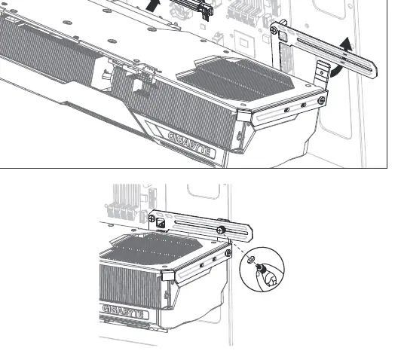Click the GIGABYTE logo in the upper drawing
191,144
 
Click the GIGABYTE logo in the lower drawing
125,312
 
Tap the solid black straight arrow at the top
153,5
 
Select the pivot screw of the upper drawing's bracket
274,30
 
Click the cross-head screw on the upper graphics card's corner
321,100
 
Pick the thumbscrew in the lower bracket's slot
221,230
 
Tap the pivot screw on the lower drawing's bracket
152,218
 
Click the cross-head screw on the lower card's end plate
228,253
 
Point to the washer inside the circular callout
251,260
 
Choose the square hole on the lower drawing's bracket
161,224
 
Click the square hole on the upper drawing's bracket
283,35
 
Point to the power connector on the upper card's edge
145,75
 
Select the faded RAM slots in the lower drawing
120,201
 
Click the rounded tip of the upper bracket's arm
373,69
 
